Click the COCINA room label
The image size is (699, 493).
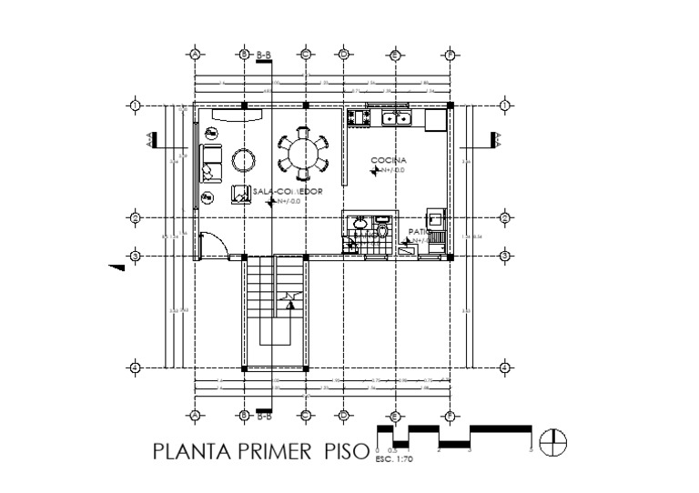tap(382, 160)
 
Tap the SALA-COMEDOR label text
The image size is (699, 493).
tap(289, 192)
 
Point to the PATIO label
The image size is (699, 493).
tap(418, 232)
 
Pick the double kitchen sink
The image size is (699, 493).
tap(397, 117)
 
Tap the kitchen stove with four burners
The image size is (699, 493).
tap(355, 117)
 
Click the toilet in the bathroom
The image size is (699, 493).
tap(383, 233)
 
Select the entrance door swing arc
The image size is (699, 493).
tap(213, 244)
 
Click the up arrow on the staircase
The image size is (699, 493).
tap(289, 305)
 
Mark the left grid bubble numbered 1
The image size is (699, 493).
tap(135, 106)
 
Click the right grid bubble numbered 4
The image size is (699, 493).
tap(504, 367)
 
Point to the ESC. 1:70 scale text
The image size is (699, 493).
tap(393, 459)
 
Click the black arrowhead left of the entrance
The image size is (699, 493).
tap(116, 267)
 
